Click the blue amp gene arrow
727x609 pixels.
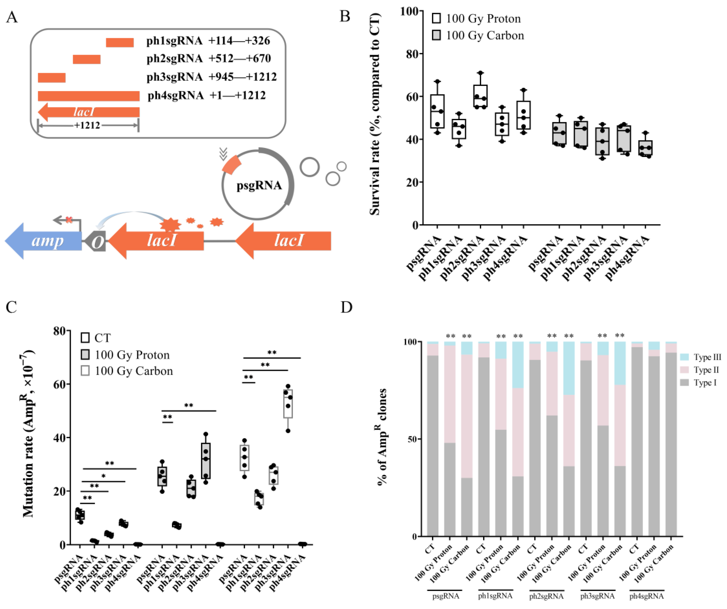coord(45,241)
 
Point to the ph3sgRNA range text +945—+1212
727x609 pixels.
coord(242,77)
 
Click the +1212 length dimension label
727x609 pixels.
coord(87,125)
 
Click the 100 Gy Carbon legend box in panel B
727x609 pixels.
coord(437,35)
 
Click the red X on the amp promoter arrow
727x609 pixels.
coord(69,219)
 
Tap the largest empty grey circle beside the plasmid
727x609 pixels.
coord(309,167)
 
